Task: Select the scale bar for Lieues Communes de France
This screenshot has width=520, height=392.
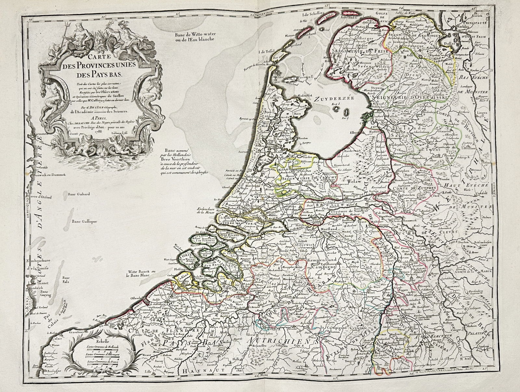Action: click(x=100, y=365)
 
